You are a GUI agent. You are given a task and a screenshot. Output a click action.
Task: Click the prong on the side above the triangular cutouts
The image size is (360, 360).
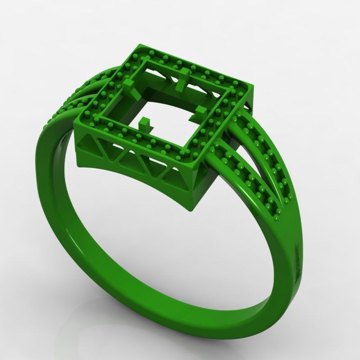coord(145,122)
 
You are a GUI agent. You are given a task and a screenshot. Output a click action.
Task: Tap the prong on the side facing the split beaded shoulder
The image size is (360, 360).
coord(201,112)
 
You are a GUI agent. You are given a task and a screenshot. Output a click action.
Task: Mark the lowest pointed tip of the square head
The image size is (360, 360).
coord(191,208)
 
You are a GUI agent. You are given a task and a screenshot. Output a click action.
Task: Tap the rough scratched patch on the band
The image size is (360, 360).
coord(298,265)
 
